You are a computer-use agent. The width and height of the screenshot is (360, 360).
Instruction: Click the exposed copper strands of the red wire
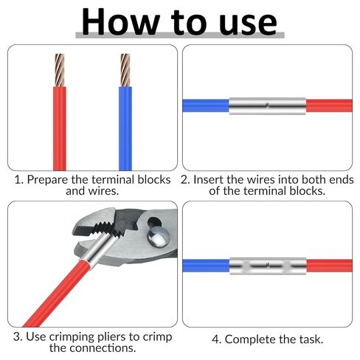[60, 70]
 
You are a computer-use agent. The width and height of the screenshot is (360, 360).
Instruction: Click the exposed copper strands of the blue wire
[125, 70]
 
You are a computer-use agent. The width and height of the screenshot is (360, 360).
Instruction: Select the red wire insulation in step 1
[60, 128]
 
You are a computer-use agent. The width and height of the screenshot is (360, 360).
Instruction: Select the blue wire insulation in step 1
[125, 128]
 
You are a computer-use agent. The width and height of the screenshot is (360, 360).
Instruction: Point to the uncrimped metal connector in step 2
[268, 106]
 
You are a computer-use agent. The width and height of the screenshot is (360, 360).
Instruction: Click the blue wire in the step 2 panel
[206, 105]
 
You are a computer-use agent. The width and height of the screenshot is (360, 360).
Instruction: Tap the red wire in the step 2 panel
[329, 105]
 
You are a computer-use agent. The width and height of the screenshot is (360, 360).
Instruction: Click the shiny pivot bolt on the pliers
[159, 237]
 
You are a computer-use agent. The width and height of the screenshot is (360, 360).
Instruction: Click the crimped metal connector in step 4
[268, 266]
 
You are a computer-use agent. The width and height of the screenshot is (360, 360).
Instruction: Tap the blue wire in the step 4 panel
[206, 266]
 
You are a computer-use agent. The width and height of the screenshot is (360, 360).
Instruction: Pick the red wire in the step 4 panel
[330, 266]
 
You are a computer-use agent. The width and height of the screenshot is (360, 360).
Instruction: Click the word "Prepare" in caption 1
[48, 180]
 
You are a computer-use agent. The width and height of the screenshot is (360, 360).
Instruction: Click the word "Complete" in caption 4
[251, 340]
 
